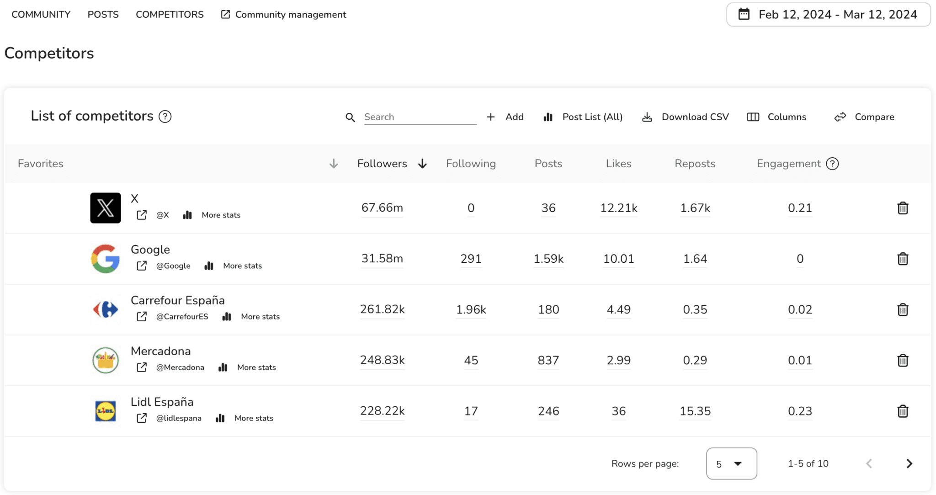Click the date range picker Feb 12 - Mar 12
[828, 15]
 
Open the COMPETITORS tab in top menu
[170, 15]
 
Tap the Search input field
[420, 117]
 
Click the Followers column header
[383, 164]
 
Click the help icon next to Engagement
[832, 164]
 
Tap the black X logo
[106, 208]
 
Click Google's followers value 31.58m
[382, 259]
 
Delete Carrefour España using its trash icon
[903, 310]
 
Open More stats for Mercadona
[256, 367]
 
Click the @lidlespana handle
[179, 418]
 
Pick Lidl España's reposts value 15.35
[695, 411]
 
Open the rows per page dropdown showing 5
[731, 463]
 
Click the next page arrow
[909, 463]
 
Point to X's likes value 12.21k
[618, 208]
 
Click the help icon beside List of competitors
[165, 117]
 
